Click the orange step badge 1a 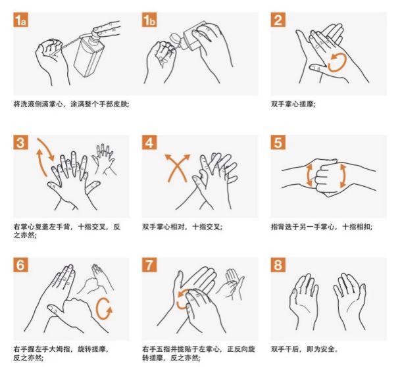pyautogui.click(x=20, y=19)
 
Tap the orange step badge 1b pyautogui.click(x=149, y=19)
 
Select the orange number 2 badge pyautogui.click(x=278, y=19)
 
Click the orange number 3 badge pyautogui.click(x=20, y=142)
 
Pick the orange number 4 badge pyautogui.click(x=149, y=142)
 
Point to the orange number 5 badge pyautogui.click(x=278, y=142)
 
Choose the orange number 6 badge pyautogui.click(x=20, y=265)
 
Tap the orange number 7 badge pyautogui.click(x=149, y=265)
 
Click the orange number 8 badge pyautogui.click(x=278, y=265)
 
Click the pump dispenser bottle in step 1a pyautogui.click(x=89, y=53)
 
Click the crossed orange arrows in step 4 pyautogui.click(x=177, y=168)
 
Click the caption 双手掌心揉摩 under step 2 pyautogui.click(x=293, y=105)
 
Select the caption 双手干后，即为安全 pyautogui.click(x=305, y=349)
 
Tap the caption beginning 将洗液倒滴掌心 pyautogui.click(x=71, y=105)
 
